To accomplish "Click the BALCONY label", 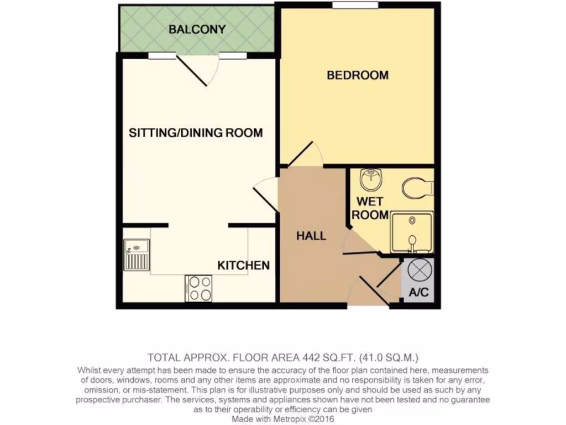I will (x=197, y=29).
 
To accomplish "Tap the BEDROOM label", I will (x=358, y=75).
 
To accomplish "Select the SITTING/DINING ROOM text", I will (x=196, y=133).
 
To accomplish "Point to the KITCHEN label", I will (x=243, y=266).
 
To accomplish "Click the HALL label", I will (x=311, y=236).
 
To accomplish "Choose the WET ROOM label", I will (x=370, y=208).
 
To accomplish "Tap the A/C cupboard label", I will (x=418, y=293).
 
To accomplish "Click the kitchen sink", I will (x=137, y=255).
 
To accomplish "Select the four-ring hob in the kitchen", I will (x=200, y=288).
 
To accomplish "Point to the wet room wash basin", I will (x=369, y=179).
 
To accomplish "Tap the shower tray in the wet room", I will (x=412, y=233).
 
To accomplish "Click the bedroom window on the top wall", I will (x=355, y=6).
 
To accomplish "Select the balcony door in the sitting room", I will (x=199, y=69).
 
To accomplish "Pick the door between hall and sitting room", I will (x=266, y=194).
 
